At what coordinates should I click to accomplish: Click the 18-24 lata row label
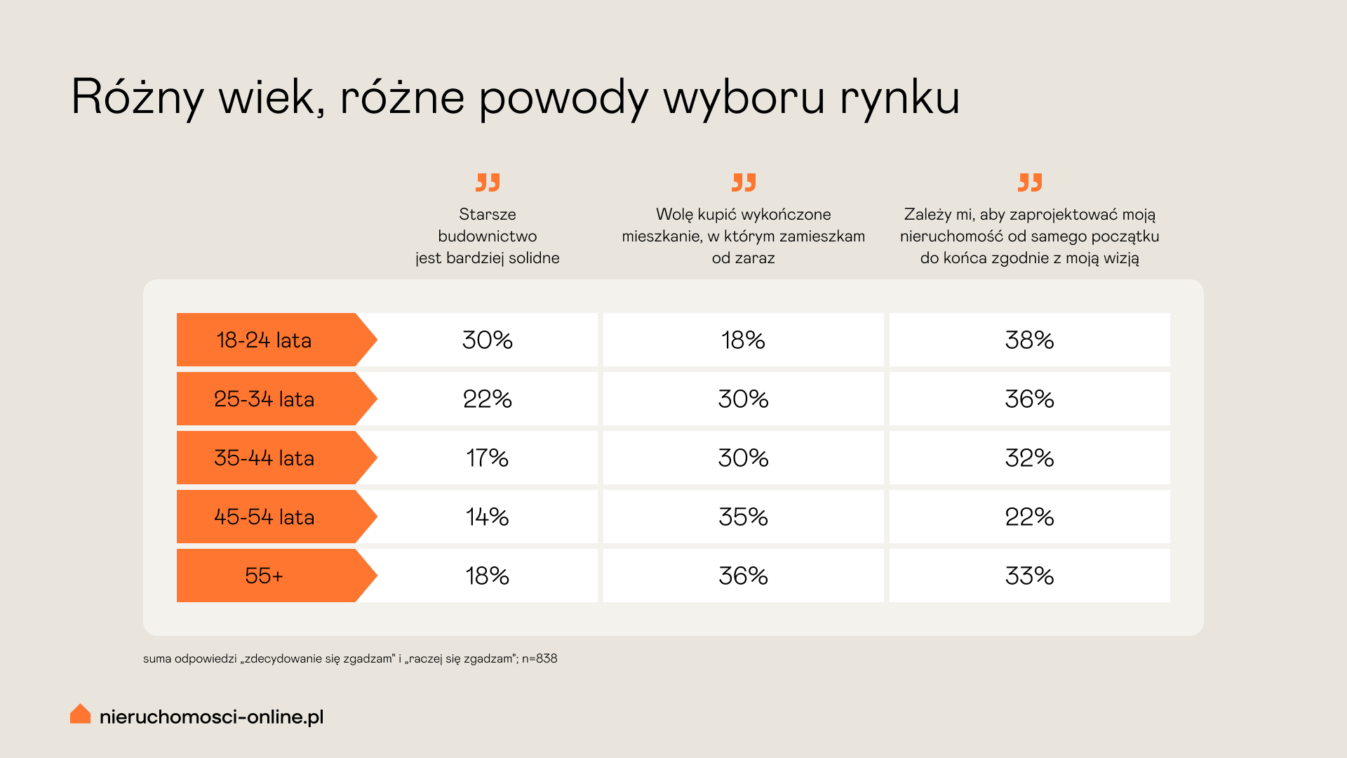click(x=264, y=340)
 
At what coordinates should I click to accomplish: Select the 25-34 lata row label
click(x=264, y=399)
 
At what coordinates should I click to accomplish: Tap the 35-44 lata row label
click(x=264, y=458)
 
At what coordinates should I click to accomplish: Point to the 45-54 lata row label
click(x=264, y=517)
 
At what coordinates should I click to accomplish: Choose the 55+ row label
click(x=264, y=576)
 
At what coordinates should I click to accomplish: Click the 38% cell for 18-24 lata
click(x=1029, y=340)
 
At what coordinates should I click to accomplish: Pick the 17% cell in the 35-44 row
click(x=487, y=458)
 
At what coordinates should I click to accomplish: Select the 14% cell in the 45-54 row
click(x=487, y=517)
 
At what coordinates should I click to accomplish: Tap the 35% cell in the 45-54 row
click(x=743, y=517)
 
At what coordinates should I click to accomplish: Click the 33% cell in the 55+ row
click(x=1029, y=576)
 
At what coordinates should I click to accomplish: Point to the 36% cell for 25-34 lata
click(x=1029, y=399)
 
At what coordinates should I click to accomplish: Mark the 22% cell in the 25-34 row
click(x=487, y=399)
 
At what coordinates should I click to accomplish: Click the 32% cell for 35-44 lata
click(x=1029, y=458)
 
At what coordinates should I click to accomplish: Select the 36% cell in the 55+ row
click(x=743, y=576)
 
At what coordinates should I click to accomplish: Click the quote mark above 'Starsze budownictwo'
click(x=488, y=182)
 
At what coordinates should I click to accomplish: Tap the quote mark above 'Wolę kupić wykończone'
click(x=744, y=182)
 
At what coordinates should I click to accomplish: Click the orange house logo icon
click(x=81, y=714)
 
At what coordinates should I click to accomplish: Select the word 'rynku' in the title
click(x=899, y=98)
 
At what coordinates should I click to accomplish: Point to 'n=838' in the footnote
click(x=540, y=659)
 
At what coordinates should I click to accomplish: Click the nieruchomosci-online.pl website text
click(x=211, y=717)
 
